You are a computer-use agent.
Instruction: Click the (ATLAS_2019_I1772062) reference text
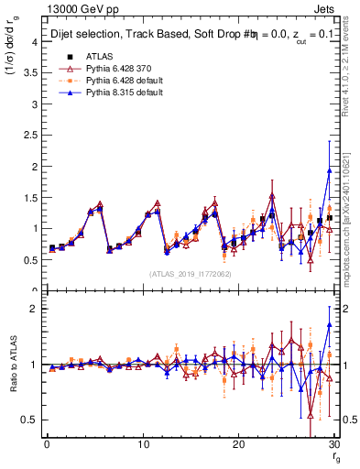190,274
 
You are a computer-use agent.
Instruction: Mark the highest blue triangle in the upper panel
329,171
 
